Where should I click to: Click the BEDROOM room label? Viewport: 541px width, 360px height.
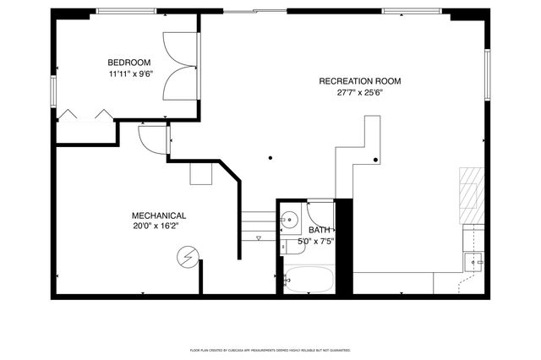tap(128, 62)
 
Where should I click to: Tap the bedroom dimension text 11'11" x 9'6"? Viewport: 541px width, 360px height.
tap(128, 74)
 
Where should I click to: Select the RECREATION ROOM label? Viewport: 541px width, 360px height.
tap(359, 81)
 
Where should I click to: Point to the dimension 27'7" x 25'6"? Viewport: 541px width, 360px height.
tap(359, 93)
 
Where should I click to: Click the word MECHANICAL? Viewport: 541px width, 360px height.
tap(158, 215)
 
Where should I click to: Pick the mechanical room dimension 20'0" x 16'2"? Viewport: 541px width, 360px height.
tap(158, 226)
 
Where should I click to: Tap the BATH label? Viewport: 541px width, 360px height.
tap(320, 230)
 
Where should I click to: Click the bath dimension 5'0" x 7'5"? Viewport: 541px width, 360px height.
tap(316, 242)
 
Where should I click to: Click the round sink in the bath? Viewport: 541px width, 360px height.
tap(289, 220)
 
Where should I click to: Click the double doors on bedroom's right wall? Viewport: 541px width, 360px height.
tap(180, 66)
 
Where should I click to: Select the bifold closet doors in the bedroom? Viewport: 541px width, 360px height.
tap(85, 116)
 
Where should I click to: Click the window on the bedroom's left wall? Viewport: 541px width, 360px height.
tap(54, 90)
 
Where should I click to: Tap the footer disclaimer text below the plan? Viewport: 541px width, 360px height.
tap(270, 349)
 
